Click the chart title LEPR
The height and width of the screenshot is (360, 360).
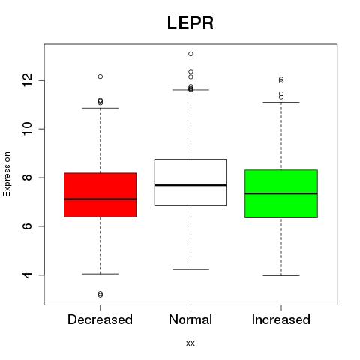pos(190,23)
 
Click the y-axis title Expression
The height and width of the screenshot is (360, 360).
pos(7,174)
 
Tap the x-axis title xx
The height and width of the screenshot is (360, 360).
pos(190,343)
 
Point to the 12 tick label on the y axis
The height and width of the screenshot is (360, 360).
pos(28,80)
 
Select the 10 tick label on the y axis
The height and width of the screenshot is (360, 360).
pos(28,129)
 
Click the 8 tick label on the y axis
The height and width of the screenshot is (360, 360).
pos(28,178)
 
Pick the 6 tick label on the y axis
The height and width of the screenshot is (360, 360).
pos(28,226)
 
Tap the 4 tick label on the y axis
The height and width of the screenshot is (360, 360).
pos(28,275)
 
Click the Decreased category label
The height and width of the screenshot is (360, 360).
pos(100,319)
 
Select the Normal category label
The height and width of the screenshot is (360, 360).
pos(190,319)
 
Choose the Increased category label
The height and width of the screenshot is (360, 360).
pos(281,319)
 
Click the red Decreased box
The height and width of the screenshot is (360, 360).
pos(100,195)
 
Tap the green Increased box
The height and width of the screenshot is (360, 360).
pos(281,193)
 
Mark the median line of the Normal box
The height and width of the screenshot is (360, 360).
pos(190,185)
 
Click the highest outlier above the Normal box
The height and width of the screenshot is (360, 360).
pos(190,54)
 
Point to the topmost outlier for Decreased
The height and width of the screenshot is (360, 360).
pos(100,76)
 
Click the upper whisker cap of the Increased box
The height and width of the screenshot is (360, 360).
pos(281,102)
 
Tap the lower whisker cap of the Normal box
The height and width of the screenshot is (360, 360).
pos(190,269)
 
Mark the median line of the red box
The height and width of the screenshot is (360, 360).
pos(100,199)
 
